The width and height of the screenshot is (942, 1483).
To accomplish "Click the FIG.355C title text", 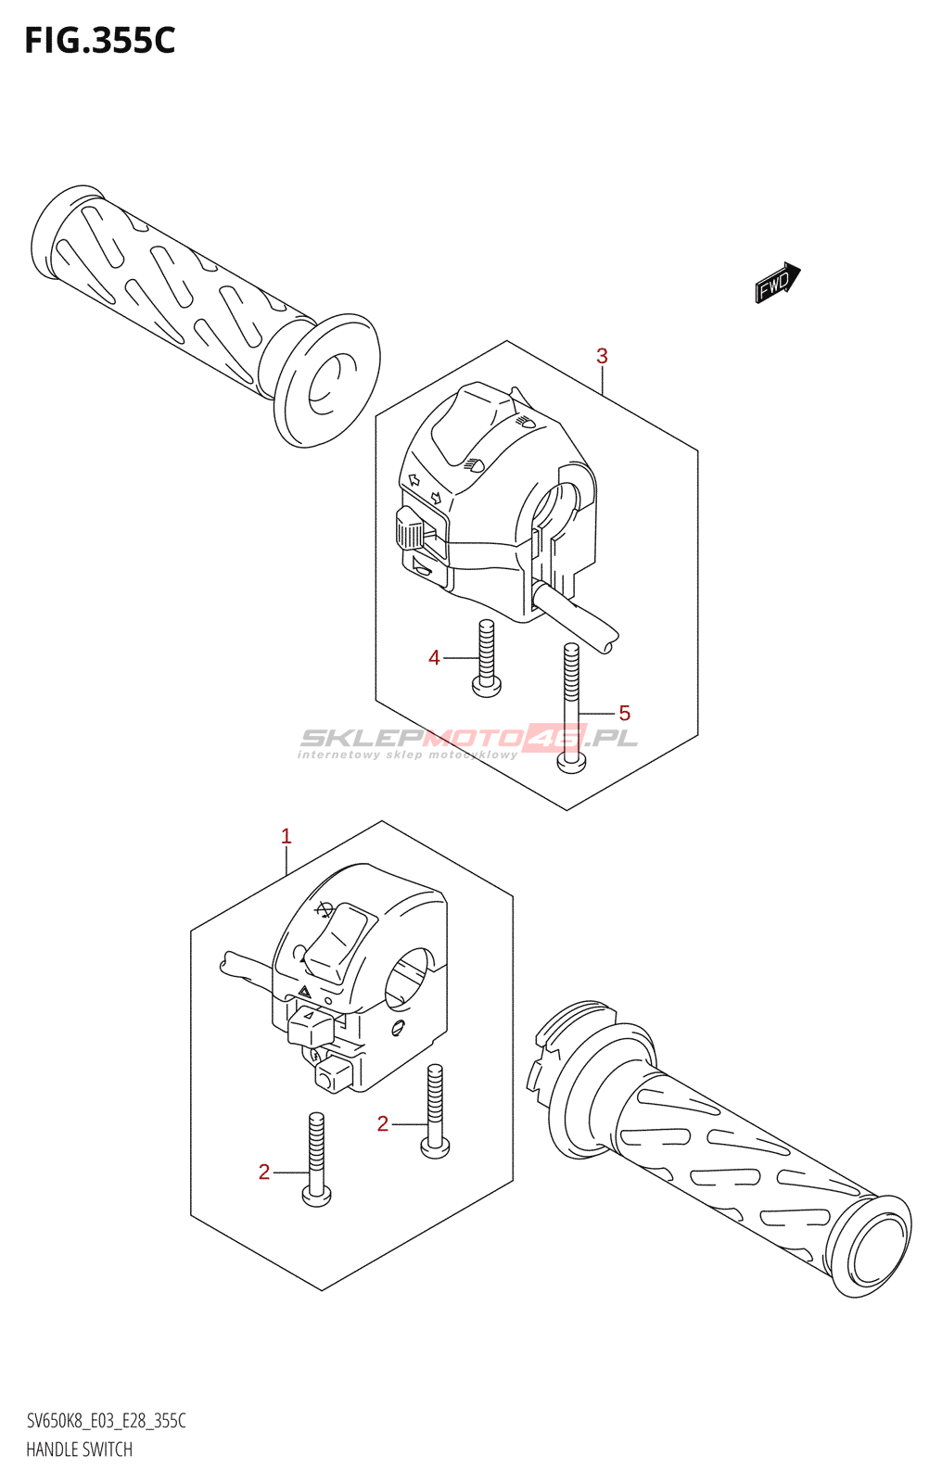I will [x=99, y=41].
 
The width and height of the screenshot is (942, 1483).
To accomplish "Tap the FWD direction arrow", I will [x=777, y=283].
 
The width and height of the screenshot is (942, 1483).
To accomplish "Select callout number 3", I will [x=602, y=356].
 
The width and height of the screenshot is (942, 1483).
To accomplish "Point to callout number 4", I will [x=434, y=658].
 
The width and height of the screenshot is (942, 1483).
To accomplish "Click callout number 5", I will [x=624, y=713].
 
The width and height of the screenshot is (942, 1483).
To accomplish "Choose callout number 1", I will [x=286, y=836].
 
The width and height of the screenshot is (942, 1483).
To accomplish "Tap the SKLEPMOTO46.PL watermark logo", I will [x=468, y=740].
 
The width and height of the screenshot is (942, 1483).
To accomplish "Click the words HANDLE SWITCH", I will [x=79, y=1450].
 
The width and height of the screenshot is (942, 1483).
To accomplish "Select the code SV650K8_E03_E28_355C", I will [x=106, y=1421].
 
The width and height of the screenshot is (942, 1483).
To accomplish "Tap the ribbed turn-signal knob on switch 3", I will [x=409, y=530].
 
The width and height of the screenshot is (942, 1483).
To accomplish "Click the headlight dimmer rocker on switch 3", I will [x=471, y=426].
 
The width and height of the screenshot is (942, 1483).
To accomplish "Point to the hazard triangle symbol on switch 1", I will [x=304, y=991].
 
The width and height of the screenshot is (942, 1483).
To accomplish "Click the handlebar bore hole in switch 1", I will [x=409, y=978].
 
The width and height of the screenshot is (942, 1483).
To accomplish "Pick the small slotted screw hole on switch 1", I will [x=398, y=1026].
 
